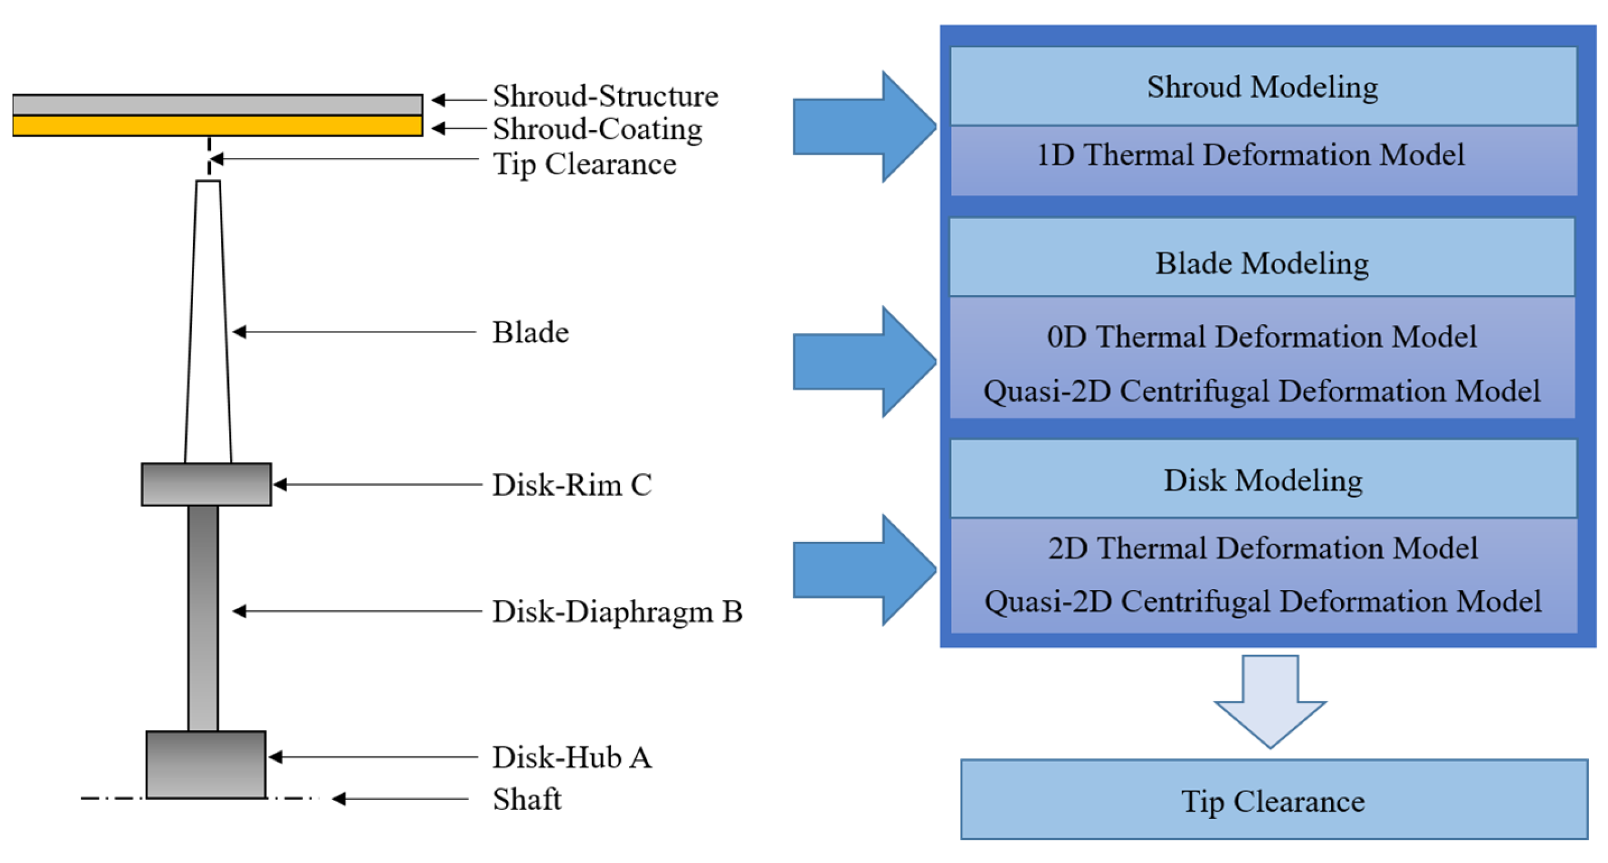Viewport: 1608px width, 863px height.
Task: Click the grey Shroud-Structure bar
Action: click(x=217, y=104)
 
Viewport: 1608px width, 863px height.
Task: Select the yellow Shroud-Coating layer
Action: click(x=217, y=126)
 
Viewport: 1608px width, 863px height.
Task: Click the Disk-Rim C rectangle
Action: click(x=206, y=485)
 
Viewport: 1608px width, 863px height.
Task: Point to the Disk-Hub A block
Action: click(x=206, y=764)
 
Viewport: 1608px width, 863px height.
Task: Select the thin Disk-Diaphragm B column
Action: click(x=204, y=618)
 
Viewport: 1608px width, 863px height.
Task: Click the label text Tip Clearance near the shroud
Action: click(x=584, y=164)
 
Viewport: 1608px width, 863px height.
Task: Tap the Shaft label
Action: click(x=526, y=799)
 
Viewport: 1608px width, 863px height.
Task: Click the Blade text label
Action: click(x=530, y=332)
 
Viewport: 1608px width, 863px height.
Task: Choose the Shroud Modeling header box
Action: click(x=1262, y=87)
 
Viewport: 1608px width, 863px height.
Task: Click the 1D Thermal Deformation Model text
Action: click(x=1250, y=155)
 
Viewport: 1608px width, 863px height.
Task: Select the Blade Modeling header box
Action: click(x=1261, y=263)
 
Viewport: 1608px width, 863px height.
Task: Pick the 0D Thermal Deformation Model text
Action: click(x=1261, y=337)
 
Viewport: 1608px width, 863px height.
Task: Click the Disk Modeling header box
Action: click(x=1263, y=480)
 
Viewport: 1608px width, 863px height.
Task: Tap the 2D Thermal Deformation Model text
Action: click(x=1263, y=548)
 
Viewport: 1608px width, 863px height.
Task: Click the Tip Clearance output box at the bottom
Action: click(x=1273, y=800)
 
